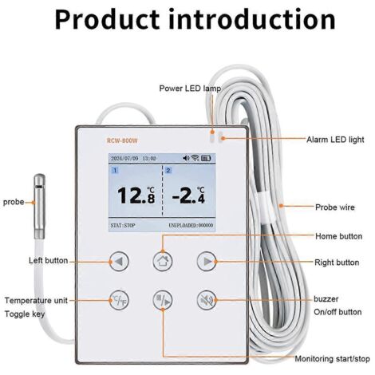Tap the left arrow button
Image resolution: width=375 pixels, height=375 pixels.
pyautogui.click(x=119, y=262)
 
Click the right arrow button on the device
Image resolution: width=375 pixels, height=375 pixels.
pyautogui.click(x=207, y=262)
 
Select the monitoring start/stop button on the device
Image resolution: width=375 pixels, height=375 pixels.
pyautogui.click(x=163, y=300)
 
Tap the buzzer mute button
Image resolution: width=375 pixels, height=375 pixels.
pyautogui.click(x=207, y=300)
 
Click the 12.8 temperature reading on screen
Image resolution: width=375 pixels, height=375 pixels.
pyautogui.click(x=136, y=195)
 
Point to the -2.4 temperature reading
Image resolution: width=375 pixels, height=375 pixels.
pyautogui.click(x=188, y=195)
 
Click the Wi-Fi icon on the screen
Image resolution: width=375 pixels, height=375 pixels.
pyautogui.click(x=195, y=158)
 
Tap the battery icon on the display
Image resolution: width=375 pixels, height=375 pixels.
pyautogui.click(x=206, y=158)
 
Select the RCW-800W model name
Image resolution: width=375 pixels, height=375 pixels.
pyautogui.click(x=122, y=140)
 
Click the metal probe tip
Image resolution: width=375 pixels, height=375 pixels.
pyautogui.click(x=39, y=206)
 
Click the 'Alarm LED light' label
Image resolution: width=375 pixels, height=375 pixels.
pyautogui.click(x=335, y=140)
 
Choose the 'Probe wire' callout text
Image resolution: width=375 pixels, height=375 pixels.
pyautogui.click(x=335, y=207)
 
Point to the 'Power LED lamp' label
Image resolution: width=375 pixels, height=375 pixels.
pyautogui.click(x=190, y=89)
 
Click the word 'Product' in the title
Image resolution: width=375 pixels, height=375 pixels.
pyautogui.click(x=107, y=19)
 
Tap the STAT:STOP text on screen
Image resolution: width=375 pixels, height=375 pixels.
pyautogui.click(x=123, y=226)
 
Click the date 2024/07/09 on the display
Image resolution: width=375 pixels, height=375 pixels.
pyautogui.click(x=124, y=159)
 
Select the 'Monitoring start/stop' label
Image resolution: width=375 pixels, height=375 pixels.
pyautogui.click(x=332, y=359)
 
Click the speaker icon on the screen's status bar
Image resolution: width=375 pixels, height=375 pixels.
pyautogui.click(x=186, y=158)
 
